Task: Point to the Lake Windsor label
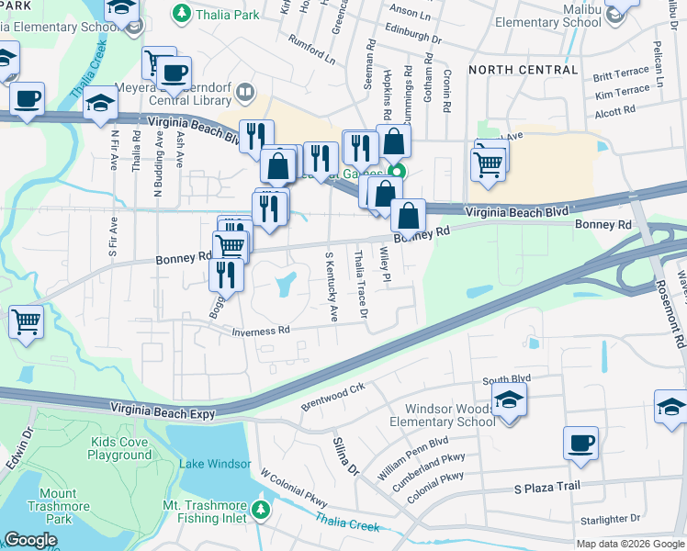tap(208, 463)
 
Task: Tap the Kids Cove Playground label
tap(120, 448)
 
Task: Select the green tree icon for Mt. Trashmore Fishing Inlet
tap(262, 509)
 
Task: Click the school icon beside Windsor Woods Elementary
tap(507, 399)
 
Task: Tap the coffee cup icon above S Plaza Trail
tap(580, 443)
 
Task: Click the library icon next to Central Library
tap(245, 92)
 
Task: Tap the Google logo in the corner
tap(30, 540)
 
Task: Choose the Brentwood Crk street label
tap(332, 395)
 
